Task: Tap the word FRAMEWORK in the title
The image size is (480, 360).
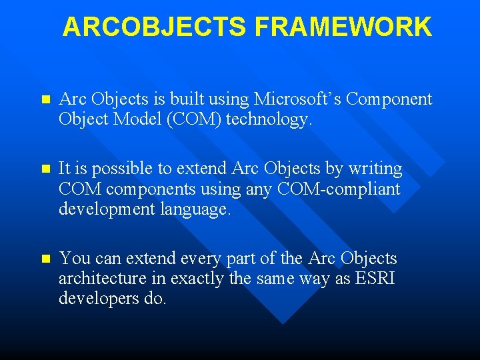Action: pyautogui.click(x=343, y=27)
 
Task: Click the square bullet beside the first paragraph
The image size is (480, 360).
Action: pyautogui.click(x=45, y=100)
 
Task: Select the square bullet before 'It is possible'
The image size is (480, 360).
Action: pyautogui.click(x=45, y=169)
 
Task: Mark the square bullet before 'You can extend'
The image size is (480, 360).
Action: pyautogui.click(x=45, y=259)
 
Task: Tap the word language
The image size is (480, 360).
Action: pyautogui.click(x=194, y=209)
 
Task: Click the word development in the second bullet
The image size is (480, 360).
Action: pyautogui.click(x=103, y=209)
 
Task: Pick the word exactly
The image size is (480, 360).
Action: pyautogui.click(x=196, y=278)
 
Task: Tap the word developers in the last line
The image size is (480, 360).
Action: pyautogui.click(x=98, y=298)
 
